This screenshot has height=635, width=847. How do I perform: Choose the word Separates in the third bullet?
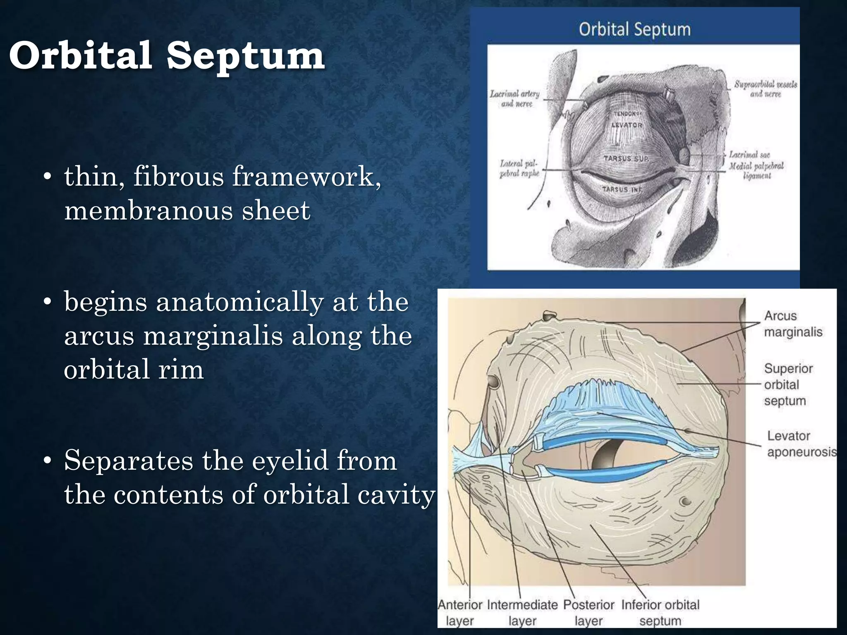129,461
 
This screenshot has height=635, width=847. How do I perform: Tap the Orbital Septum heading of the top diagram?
634,30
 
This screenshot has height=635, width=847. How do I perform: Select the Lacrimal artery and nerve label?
515,99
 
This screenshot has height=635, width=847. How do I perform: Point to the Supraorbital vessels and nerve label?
766,89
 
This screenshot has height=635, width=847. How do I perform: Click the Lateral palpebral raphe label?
519,169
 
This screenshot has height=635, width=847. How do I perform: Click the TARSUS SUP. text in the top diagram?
626,159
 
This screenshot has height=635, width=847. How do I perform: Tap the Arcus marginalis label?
793,324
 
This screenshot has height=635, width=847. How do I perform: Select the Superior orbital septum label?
788,384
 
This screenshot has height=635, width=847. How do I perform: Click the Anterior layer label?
460,612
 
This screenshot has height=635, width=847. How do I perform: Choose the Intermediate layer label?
522,612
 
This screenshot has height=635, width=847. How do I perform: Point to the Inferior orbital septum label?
660,612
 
